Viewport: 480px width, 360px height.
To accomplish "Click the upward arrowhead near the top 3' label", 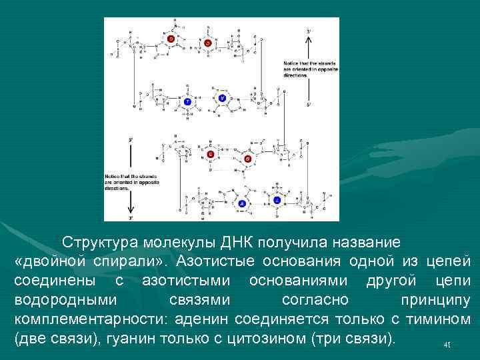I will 308,39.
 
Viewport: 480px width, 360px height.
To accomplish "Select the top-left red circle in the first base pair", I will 171,39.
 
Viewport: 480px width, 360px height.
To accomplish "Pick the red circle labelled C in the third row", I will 210,155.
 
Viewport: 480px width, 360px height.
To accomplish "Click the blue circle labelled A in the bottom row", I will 242,202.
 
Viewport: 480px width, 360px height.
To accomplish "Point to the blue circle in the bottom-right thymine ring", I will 276,199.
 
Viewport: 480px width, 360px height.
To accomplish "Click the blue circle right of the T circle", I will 223,98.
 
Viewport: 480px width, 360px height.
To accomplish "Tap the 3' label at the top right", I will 308,31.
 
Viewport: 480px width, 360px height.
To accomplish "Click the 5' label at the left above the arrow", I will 131,141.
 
